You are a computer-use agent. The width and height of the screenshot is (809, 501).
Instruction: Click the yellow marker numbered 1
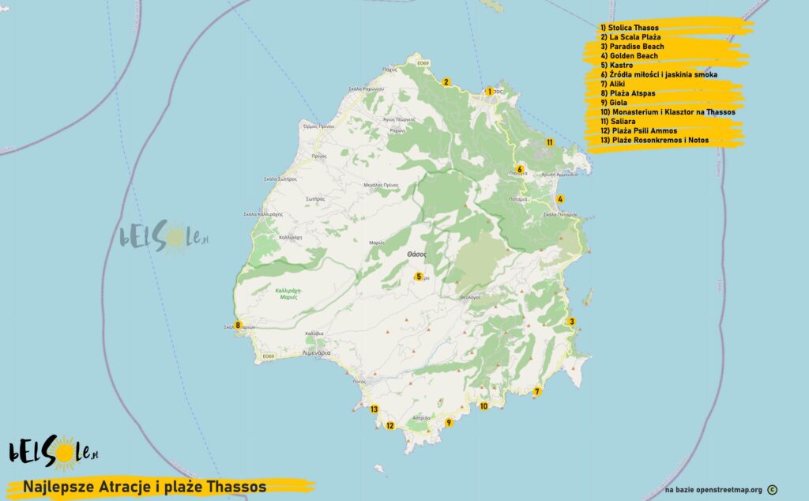489,92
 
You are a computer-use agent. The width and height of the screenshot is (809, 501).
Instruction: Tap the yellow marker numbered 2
446,82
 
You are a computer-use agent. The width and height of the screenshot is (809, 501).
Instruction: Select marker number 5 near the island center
419,277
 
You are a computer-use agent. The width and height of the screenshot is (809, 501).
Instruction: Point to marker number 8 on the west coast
237,325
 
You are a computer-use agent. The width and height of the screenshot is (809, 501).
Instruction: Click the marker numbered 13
374,409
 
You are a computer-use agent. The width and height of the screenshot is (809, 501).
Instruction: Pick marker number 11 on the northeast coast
549,142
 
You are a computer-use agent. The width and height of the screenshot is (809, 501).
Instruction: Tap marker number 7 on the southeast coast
536,391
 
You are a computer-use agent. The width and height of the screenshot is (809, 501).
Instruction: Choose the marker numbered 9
449,423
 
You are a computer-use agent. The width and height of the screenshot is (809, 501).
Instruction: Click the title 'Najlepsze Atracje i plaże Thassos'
145,486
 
